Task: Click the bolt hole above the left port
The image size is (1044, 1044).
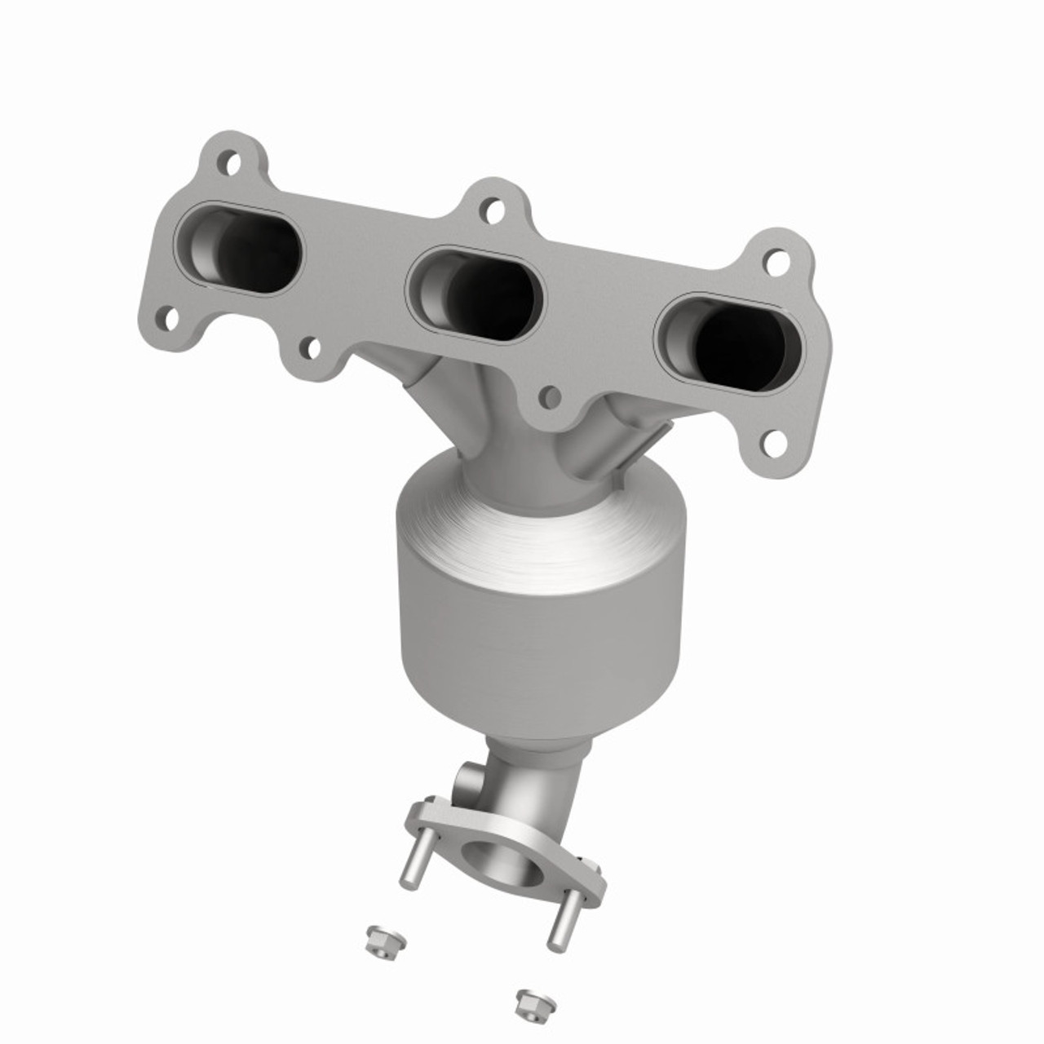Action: [230, 164]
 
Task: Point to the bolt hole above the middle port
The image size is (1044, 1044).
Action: [491, 210]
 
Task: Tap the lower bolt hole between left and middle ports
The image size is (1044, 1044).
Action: [309, 349]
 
